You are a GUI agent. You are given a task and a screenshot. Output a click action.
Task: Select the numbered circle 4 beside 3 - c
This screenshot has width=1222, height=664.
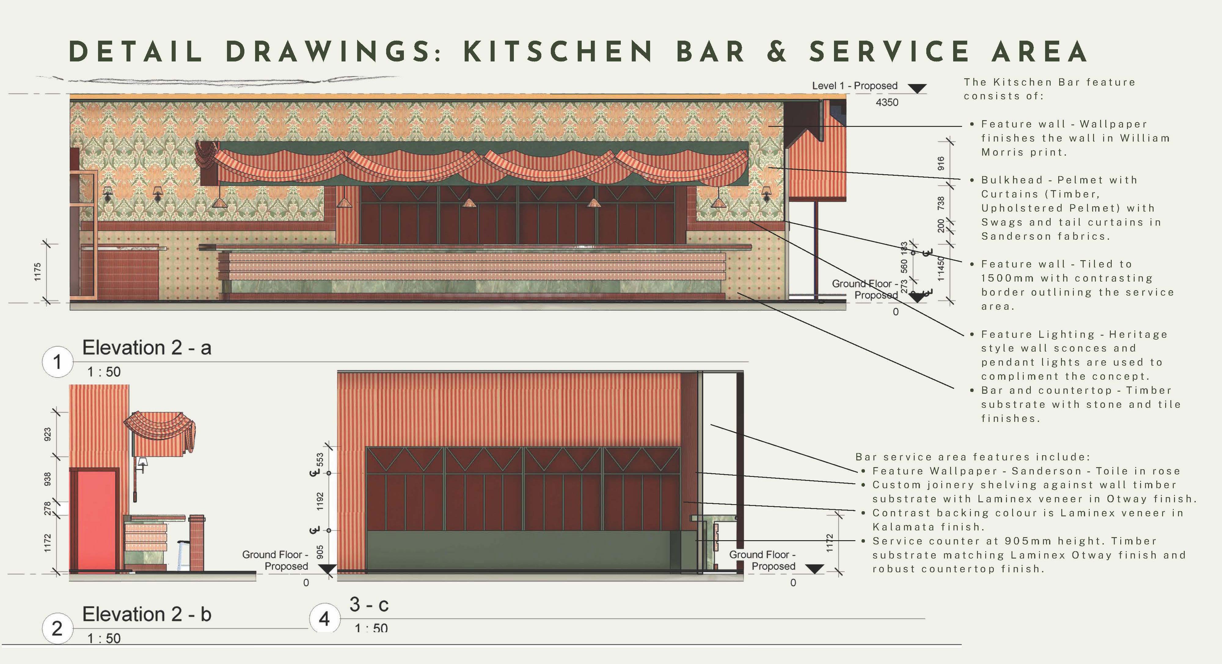(x=324, y=618)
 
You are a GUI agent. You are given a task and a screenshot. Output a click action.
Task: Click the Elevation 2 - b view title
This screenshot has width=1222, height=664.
(x=147, y=614)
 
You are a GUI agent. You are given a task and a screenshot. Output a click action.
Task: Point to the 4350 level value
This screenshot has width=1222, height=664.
(x=887, y=102)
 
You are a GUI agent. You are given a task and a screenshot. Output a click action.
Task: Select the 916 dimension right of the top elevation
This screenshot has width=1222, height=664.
(x=941, y=163)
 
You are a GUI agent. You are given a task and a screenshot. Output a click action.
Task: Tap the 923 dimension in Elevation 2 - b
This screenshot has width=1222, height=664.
(x=47, y=434)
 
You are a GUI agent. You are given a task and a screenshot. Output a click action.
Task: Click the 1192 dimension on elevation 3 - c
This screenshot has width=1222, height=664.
(x=320, y=501)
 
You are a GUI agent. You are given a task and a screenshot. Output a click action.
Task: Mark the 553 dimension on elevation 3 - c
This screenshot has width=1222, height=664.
(x=320, y=459)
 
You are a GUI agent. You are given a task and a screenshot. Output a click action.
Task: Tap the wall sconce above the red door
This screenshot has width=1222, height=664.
(x=142, y=464)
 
